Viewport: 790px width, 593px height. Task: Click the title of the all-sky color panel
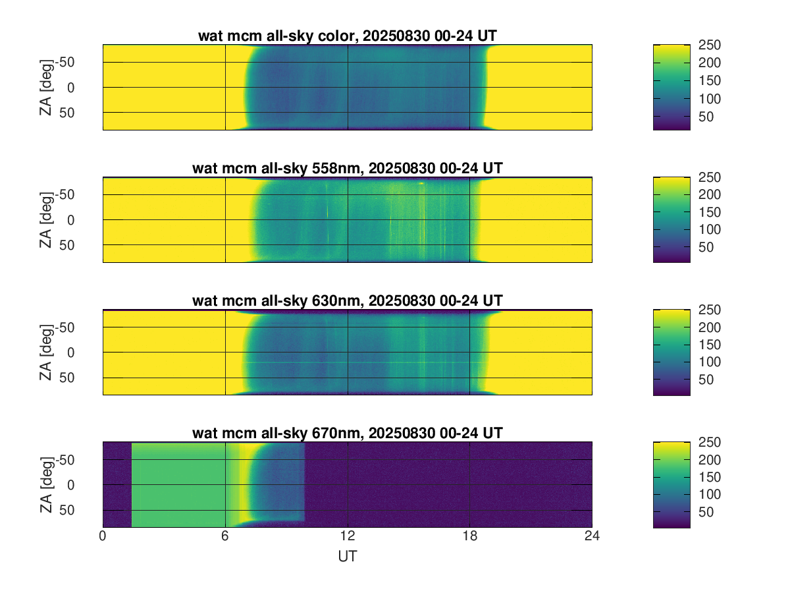[x=348, y=36]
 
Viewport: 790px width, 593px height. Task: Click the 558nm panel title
[x=348, y=168]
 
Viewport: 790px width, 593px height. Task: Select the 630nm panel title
[x=348, y=300]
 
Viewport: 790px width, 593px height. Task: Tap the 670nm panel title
[x=348, y=433]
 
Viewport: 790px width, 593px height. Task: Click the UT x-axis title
[x=348, y=556]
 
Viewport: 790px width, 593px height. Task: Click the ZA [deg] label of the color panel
[x=45, y=87]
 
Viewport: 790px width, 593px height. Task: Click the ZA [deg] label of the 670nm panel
[x=45, y=484]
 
